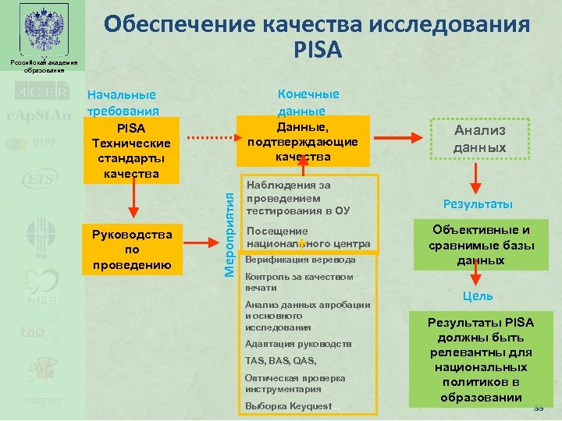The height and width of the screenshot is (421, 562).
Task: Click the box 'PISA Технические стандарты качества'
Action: coord(133,150)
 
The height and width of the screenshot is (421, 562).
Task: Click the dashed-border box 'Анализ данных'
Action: coord(480,140)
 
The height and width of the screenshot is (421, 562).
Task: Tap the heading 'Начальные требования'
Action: coord(122,102)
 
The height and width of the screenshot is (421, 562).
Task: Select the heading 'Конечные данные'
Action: coord(308,102)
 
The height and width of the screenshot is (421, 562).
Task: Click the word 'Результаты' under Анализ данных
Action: coord(478,204)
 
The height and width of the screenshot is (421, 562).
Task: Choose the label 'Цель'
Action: coord(477,296)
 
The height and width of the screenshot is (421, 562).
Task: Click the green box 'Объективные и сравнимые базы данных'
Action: coord(478,246)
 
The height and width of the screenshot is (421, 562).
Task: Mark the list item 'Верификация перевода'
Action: coord(300,260)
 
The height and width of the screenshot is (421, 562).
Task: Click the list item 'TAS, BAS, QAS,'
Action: coord(281,361)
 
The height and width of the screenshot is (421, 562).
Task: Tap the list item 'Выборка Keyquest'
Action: coord(288,406)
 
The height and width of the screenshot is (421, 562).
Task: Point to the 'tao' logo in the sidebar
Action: coord(33,331)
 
